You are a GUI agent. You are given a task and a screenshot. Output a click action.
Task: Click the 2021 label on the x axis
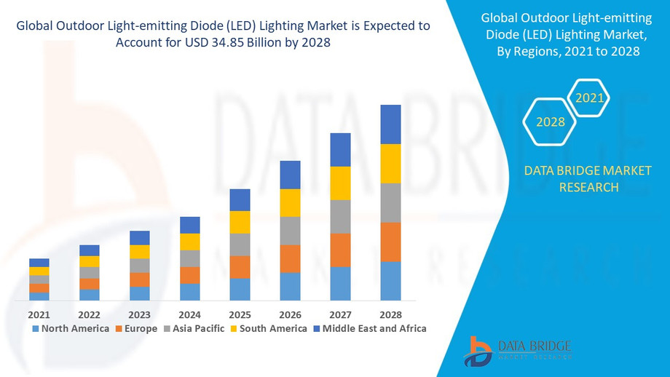pyautogui.click(x=39, y=314)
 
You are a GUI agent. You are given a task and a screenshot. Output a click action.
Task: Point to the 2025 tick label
pyautogui.click(x=240, y=314)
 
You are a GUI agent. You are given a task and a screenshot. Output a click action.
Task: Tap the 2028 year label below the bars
pyautogui.click(x=390, y=314)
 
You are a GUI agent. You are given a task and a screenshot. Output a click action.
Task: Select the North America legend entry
pyautogui.click(x=70, y=328)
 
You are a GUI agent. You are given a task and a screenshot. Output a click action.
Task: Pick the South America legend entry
pyautogui.click(x=269, y=328)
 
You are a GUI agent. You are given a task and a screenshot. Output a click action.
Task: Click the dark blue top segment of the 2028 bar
pyautogui.click(x=390, y=124)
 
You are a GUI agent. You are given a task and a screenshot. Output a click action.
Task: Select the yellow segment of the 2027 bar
pyautogui.click(x=340, y=183)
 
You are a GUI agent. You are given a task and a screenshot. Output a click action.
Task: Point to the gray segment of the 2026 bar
pyautogui.click(x=290, y=231)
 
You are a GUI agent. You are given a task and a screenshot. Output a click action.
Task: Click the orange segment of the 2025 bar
pyautogui.click(x=240, y=267)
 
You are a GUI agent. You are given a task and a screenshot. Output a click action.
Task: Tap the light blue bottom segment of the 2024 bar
pyautogui.click(x=189, y=292)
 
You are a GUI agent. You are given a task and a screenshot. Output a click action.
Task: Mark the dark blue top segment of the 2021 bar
pyautogui.click(x=39, y=263)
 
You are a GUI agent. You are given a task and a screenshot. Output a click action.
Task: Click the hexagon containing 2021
pyautogui.click(x=588, y=98)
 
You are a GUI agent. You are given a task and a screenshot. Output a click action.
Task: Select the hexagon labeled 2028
pyautogui.click(x=551, y=122)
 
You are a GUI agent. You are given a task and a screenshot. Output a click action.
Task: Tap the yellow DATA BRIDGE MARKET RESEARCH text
pyautogui.click(x=572, y=179)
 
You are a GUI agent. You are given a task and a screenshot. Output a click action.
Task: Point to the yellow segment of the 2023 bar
pyautogui.click(x=139, y=252)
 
